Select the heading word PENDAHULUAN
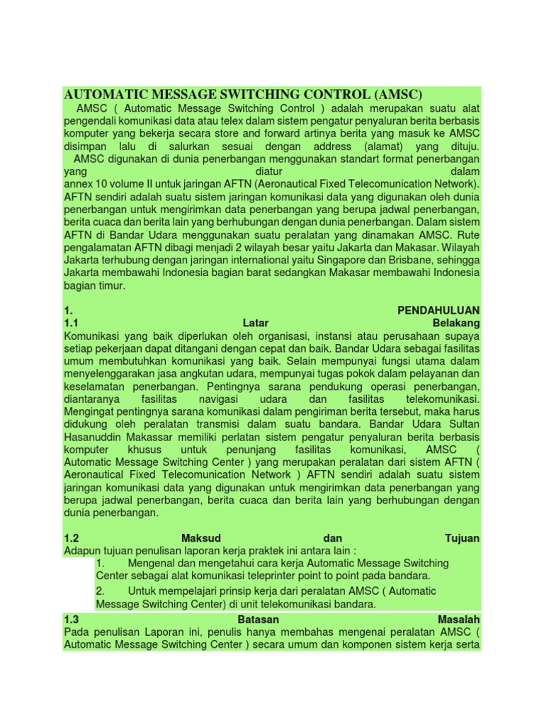pos(438,310)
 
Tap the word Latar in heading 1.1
pos(256,323)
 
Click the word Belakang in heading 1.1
pos(455,323)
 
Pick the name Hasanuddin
pos(95,438)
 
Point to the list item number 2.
pos(100,590)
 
